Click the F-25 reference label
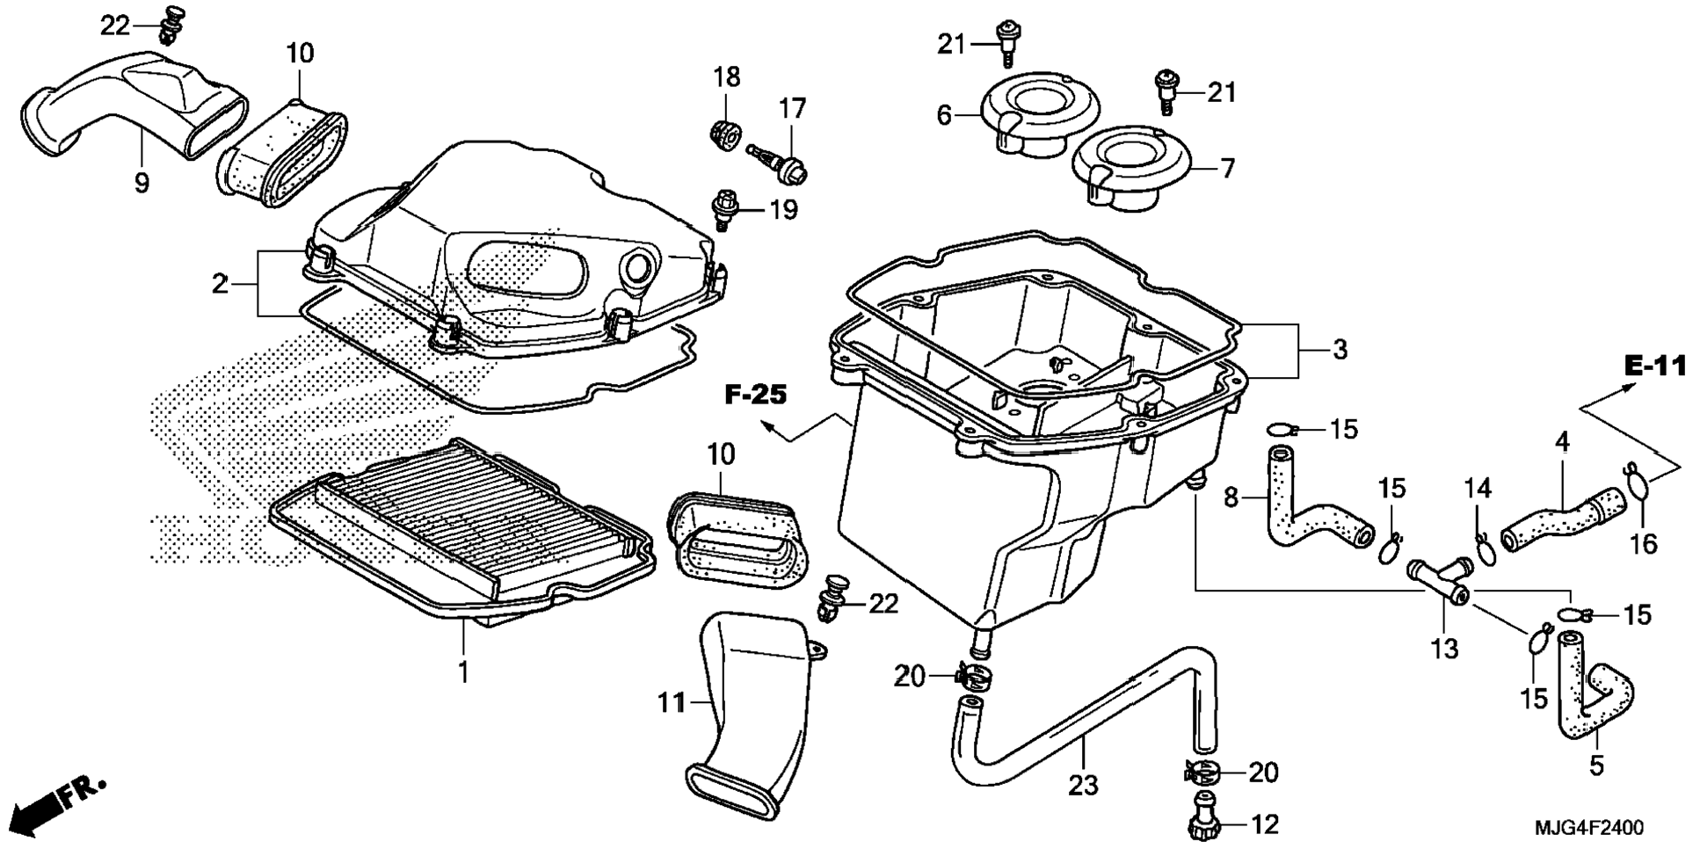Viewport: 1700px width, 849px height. point(755,395)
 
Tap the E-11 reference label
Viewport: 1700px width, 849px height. point(1655,366)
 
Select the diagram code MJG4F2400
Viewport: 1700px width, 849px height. point(1588,828)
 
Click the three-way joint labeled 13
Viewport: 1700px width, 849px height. point(1438,580)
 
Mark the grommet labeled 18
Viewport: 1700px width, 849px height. point(723,135)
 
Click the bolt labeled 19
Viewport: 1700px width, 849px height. point(724,208)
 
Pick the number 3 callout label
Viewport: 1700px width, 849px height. point(1339,350)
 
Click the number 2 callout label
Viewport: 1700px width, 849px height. point(220,283)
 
